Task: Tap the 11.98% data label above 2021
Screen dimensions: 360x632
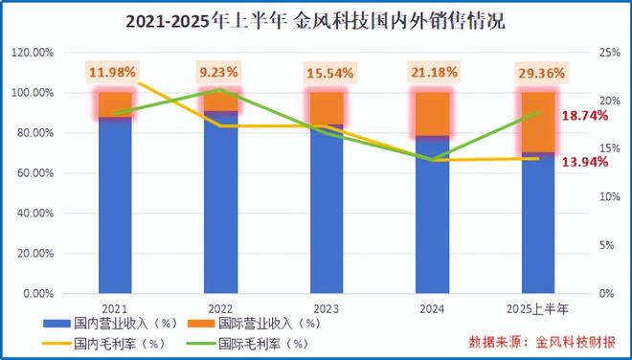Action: pos(114,72)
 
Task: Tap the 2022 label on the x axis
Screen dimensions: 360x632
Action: pos(218,308)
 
